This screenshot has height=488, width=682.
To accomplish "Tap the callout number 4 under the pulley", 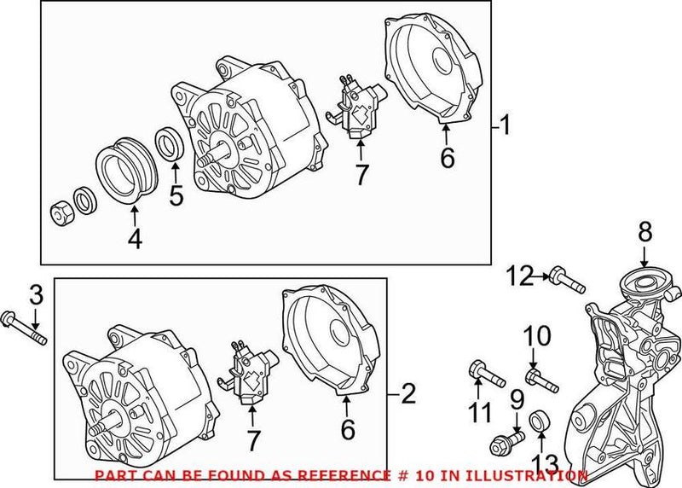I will click(x=134, y=241).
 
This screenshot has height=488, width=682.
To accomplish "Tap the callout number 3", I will click(x=35, y=297).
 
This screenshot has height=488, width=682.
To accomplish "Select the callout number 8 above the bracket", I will click(x=644, y=231).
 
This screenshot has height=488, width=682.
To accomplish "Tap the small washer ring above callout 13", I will click(x=540, y=421).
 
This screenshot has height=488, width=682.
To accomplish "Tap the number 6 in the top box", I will click(x=448, y=157).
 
